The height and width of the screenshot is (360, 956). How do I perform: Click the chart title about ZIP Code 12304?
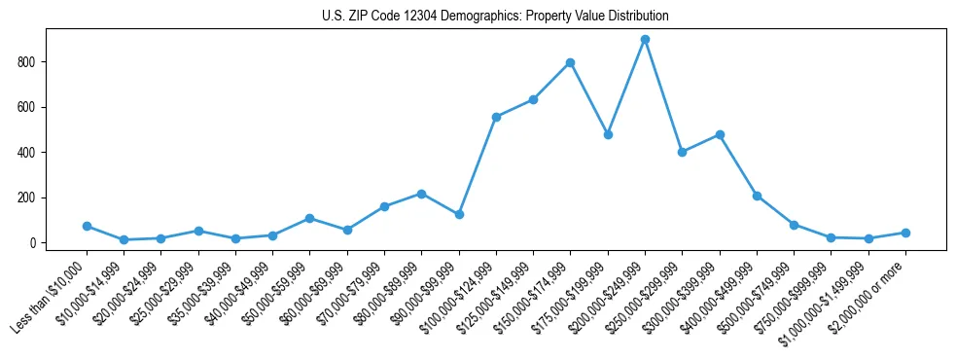[495, 17]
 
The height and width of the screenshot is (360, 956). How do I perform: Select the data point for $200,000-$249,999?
[645, 40]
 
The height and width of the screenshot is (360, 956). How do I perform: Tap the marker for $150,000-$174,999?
[570, 62]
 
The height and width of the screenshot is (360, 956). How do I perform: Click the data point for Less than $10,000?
[87, 226]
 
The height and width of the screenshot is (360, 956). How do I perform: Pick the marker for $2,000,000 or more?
[905, 233]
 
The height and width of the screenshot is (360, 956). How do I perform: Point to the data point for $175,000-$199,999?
[608, 134]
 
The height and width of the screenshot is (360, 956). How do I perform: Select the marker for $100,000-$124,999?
[496, 117]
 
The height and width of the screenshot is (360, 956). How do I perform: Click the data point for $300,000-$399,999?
[720, 134]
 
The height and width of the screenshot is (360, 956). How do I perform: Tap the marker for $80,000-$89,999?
[421, 194]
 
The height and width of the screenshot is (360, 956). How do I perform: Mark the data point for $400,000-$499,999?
[757, 196]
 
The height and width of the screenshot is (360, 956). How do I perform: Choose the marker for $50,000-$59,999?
[309, 218]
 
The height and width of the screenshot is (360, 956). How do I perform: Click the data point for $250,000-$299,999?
[682, 152]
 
